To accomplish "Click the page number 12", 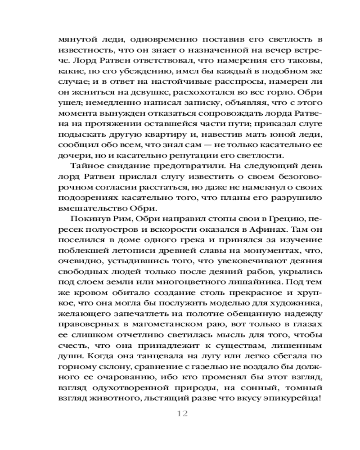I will point(182,414).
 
